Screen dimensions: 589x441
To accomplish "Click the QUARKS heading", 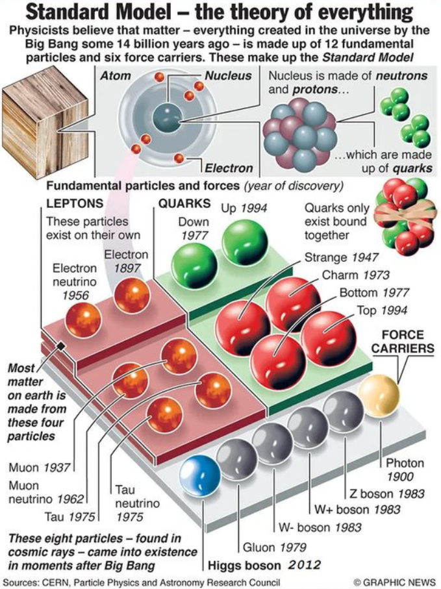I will pyautogui.click(x=182, y=202).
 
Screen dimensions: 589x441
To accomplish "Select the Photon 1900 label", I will pyautogui.click(x=405, y=470).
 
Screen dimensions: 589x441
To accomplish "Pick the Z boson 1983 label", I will pyautogui.click(x=378, y=493).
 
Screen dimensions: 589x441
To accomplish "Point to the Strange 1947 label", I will pyautogui.click(x=342, y=258).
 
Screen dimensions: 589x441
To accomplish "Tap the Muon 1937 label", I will pyautogui.click(x=39, y=467).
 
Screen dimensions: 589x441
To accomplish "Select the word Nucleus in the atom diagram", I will pyautogui.click(x=228, y=76).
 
